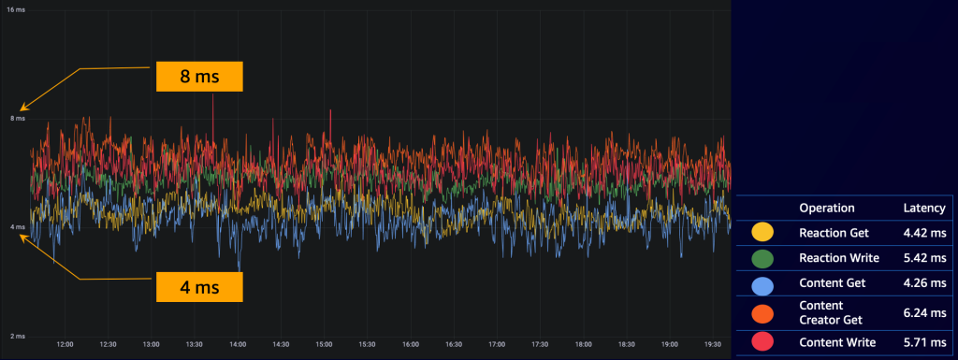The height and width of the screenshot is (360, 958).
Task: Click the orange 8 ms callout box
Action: pyautogui.click(x=198, y=76)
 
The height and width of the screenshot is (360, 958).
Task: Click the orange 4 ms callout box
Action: pyautogui.click(x=198, y=285)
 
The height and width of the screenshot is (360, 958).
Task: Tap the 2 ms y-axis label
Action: pyautogui.click(x=17, y=336)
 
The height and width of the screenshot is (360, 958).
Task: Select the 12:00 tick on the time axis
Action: pyautogui.click(x=65, y=344)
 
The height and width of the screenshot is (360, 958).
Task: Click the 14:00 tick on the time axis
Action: pyautogui.click(x=238, y=344)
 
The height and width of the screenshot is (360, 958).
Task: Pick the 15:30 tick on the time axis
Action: pyautogui.click(x=367, y=344)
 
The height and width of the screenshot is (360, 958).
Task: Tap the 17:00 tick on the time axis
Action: pyautogui.click(x=497, y=344)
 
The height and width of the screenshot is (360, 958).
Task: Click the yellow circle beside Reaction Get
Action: pyautogui.click(x=762, y=230)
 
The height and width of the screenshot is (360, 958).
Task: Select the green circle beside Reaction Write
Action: pyautogui.click(x=762, y=256)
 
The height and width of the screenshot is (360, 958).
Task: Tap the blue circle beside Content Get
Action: pyautogui.click(x=762, y=283)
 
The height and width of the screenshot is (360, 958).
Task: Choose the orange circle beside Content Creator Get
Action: pyautogui.click(x=762, y=312)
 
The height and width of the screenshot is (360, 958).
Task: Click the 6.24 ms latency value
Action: pyautogui.click(x=923, y=312)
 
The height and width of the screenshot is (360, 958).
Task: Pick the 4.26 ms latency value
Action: pyautogui.click(x=923, y=283)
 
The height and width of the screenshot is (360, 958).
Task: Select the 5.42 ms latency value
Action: pyautogui.click(x=923, y=256)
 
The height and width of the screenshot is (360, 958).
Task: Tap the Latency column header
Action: pyautogui.click(x=923, y=208)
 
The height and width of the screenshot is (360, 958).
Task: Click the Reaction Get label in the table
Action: pyautogui.click(x=835, y=230)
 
